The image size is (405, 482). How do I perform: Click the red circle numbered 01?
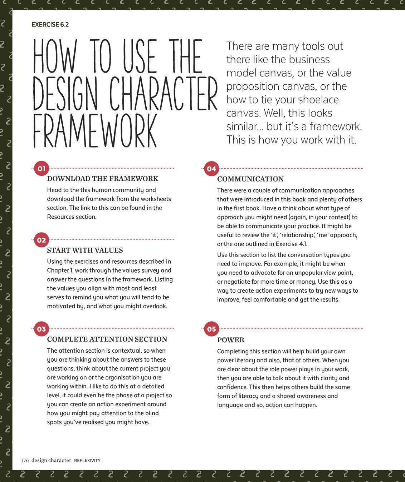[42, 168]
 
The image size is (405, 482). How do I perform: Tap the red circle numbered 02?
[42, 240]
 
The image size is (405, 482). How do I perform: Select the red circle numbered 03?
[42, 329]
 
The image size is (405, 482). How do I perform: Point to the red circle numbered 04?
[211, 169]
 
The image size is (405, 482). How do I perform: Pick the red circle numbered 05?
[211, 329]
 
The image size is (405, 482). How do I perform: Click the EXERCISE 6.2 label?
[50, 25]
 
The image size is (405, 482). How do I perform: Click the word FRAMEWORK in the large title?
[95, 131]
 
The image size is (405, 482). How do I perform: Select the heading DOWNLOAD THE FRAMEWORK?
[103, 179]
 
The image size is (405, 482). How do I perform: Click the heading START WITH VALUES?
[85, 250]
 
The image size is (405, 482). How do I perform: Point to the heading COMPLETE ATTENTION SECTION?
[107, 339]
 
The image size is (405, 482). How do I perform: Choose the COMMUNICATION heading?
[250, 179]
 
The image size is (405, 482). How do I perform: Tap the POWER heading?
[231, 340]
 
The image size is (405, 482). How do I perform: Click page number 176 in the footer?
[25, 460]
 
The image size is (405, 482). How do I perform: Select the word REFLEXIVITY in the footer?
[87, 461]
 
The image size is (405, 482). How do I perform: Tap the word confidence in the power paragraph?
[231, 387]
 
